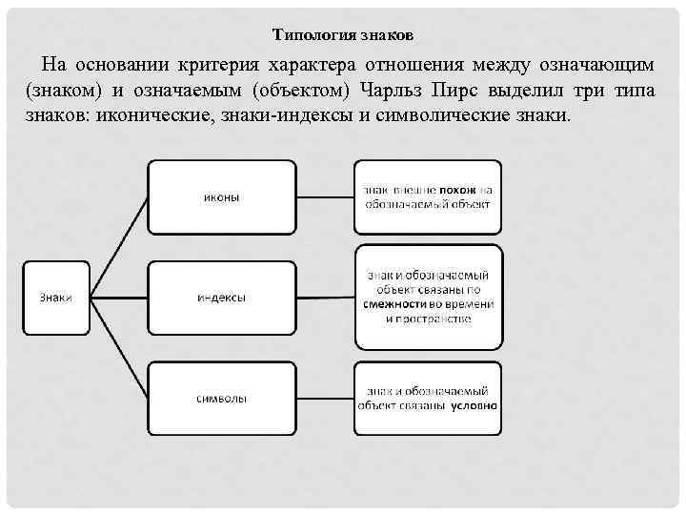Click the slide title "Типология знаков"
pos(343,35)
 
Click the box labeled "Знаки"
pos(56,298)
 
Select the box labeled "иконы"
pos(222,197)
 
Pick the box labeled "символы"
pos(222,398)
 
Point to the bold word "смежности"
pos(393,303)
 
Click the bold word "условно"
pos(474,403)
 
